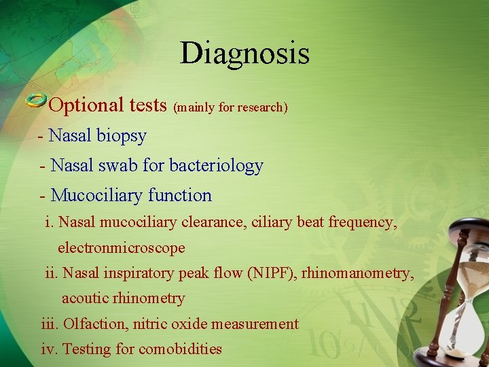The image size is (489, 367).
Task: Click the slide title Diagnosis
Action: [244, 54]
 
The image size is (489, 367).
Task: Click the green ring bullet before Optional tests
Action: [36, 102]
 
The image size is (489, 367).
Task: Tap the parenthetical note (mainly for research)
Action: [231, 107]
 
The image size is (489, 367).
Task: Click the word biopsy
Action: [121, 136]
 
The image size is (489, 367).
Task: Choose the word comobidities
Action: [180, 349]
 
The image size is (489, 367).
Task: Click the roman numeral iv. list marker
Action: [50, 349]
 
